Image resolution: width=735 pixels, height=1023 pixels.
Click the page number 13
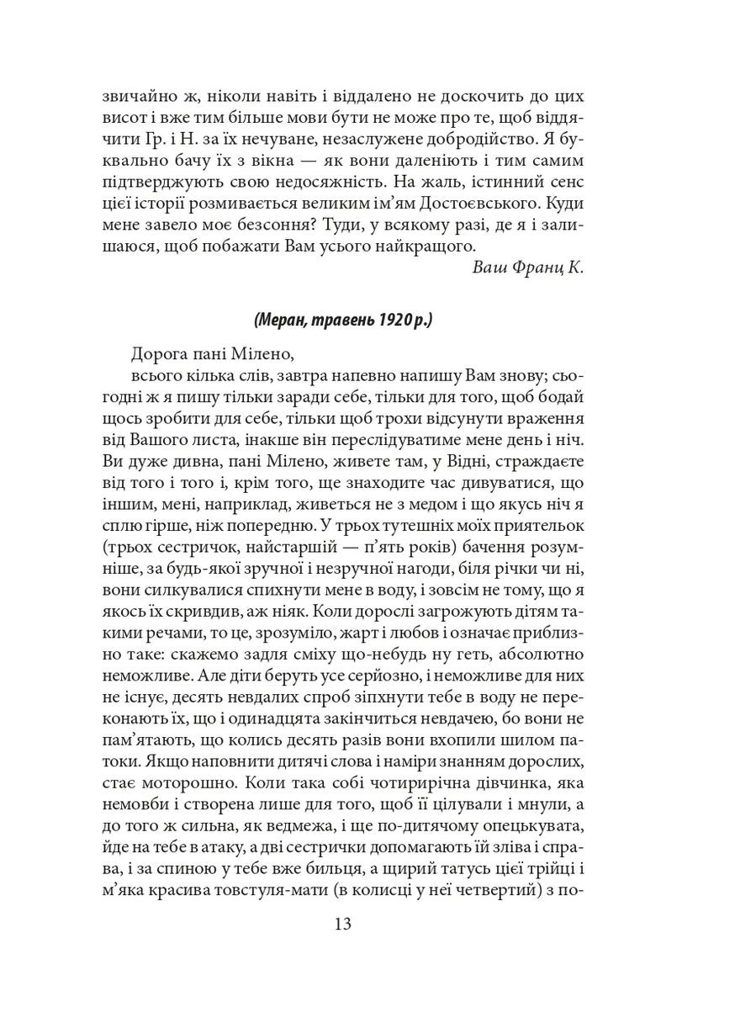pyautogui.click(x=367, y=925)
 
